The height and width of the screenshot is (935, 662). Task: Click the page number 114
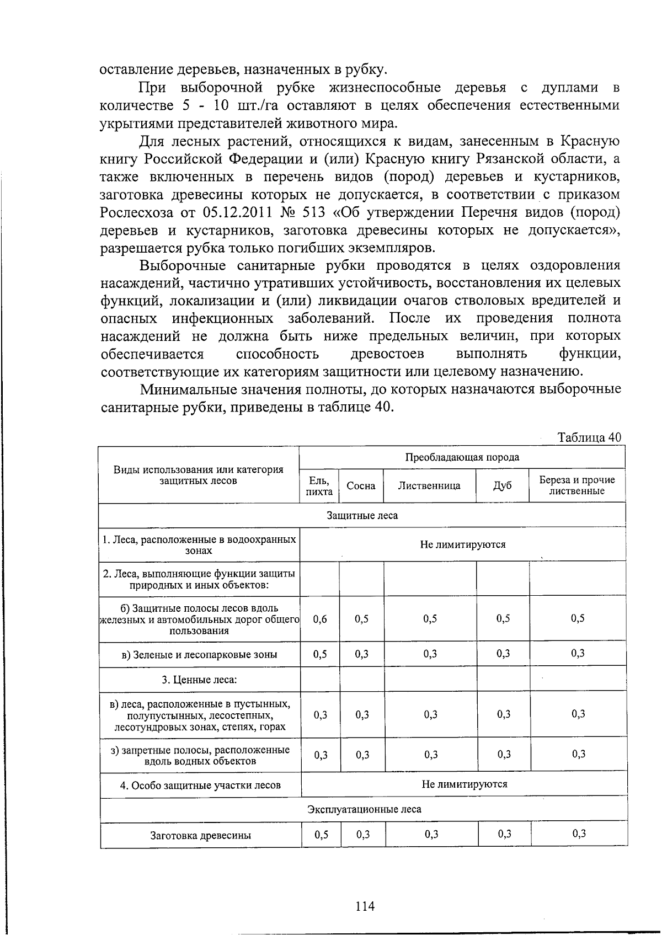coord(365,906)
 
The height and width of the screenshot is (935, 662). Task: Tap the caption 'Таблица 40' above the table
coord(589,437)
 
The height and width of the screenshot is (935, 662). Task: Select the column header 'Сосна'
coord(361,486)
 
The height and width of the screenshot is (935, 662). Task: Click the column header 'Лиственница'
coord(429,486)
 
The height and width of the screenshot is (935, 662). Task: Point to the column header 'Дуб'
coord(502,486)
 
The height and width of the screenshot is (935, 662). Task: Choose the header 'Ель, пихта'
coord(319,486)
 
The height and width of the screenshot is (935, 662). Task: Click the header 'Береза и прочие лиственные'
coord(576,485)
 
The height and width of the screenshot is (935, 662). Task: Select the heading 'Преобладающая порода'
coord(462,457)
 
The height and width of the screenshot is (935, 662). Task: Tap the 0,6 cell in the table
coord(320,619)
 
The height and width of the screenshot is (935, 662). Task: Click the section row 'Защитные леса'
coord(362,515)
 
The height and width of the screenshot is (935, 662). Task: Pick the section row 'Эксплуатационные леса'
coord(364,809)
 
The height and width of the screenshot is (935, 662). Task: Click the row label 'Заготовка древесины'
coord(200,835)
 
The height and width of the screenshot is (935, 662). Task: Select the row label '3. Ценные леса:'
coord(199,680)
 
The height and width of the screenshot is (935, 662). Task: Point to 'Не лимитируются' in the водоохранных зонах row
coord(462,544)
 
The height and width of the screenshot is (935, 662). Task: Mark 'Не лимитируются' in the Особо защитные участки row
coord(464,784)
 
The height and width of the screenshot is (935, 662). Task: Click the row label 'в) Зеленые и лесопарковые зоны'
coord(199,655)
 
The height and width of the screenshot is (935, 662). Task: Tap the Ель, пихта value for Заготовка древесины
coord(321,835)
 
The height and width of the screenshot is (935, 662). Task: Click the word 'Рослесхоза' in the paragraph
coord(137,212)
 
